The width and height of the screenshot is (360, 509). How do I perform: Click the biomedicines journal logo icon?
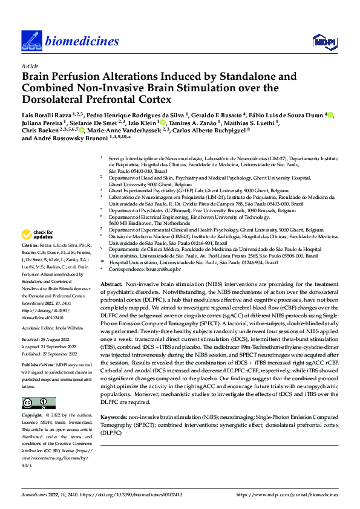pos(31,41)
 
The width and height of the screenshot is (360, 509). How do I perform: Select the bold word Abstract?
pos(111,285)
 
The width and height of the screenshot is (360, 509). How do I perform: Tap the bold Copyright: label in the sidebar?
pos(33,416)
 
